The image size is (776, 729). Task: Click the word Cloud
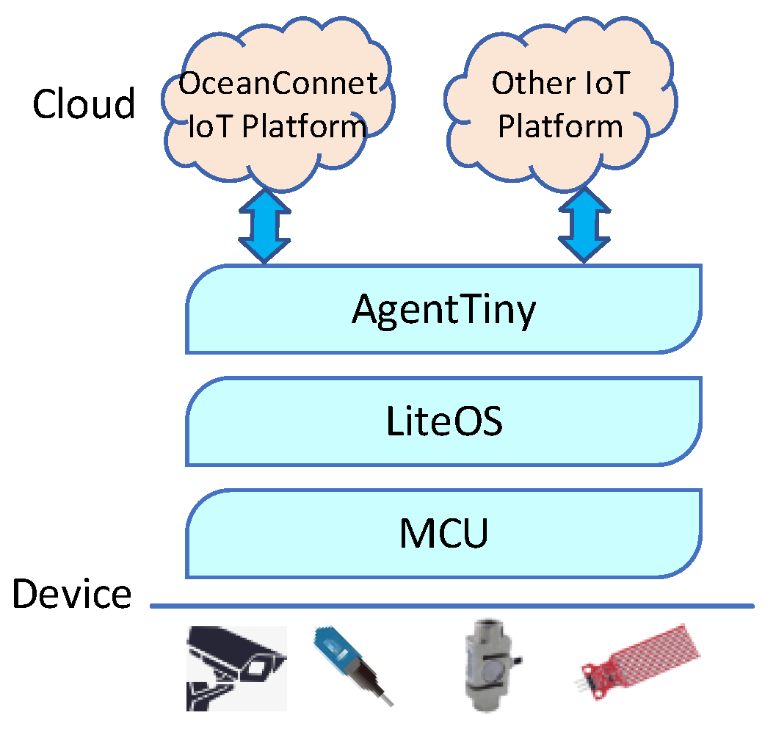tap(84, 104)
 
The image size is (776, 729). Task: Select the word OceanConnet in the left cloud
tap(279, 84)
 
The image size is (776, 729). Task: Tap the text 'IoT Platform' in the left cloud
tap(278, 126)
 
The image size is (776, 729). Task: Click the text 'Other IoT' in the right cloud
tap(560, 84)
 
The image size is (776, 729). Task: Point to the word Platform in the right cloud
tap(560, 126)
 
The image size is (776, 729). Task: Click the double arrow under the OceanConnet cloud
tap(264, 226)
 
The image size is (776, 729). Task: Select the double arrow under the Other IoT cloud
tap(584, 226)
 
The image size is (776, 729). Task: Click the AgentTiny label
tap(443, 310)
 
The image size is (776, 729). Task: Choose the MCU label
tap(443, 534)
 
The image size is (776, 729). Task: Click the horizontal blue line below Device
tap(452, 606)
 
